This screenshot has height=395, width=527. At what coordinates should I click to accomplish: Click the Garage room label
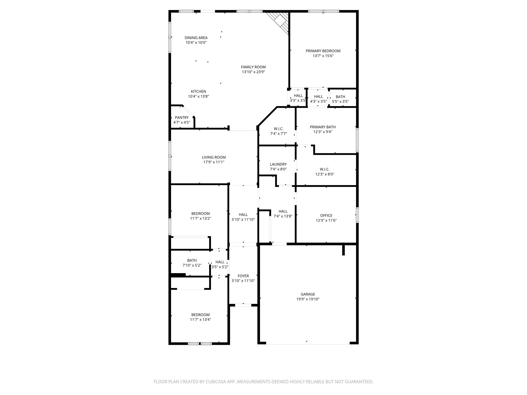point(308,294)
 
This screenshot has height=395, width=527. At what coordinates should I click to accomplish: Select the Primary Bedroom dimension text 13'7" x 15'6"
point(323,56)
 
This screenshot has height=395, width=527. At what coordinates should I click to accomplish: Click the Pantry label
point(182,118)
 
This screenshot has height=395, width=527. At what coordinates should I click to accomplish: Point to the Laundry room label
point(278,164)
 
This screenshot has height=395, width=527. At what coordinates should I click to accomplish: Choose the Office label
point(326,216)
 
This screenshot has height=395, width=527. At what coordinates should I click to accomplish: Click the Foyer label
point(243,276)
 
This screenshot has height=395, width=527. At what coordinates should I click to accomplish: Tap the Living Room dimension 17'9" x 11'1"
point(214,162)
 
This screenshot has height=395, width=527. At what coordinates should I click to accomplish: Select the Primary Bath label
point(323,127)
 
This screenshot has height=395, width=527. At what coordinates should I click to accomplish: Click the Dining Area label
point(196,38)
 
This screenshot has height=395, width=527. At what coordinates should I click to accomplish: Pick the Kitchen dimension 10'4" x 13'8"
point(198,96)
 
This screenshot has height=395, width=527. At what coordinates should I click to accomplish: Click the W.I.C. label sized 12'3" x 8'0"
point(324,169)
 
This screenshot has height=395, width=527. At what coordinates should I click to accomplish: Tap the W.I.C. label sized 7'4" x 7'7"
point(278,129)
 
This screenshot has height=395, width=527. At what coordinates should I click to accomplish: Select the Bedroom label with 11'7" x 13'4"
point(200,315)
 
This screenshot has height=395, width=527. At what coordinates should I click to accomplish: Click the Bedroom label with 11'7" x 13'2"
point(200,213)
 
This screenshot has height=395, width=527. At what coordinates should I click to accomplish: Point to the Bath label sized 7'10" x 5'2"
point(192,261)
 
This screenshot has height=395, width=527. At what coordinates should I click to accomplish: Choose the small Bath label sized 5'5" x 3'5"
point(340,97)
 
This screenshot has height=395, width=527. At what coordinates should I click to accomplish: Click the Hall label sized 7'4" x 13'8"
point(283,211)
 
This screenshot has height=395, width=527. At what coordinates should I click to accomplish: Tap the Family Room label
point(253,67)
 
